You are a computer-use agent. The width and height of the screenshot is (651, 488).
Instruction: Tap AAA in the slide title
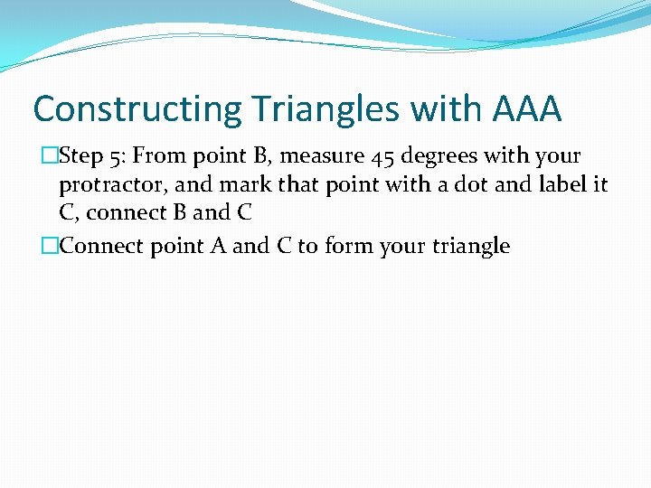[527, 110]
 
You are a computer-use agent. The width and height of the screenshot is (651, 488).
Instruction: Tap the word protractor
[107, 186]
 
